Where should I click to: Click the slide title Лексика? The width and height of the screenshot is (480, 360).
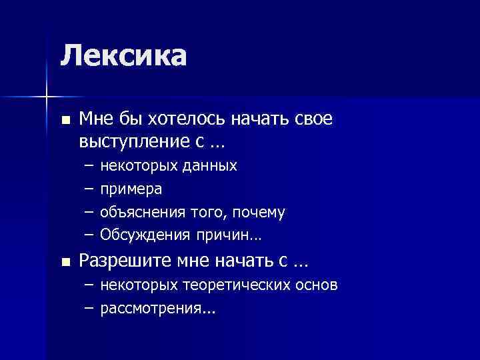[x=123, y=55]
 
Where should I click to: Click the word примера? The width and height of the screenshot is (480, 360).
[x=131, y=189]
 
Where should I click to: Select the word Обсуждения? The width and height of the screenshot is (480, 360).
[x=145, y=235]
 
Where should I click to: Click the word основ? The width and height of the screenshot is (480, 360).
[x=316, y=285]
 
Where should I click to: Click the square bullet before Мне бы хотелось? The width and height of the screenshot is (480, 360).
[x=64, y=121]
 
